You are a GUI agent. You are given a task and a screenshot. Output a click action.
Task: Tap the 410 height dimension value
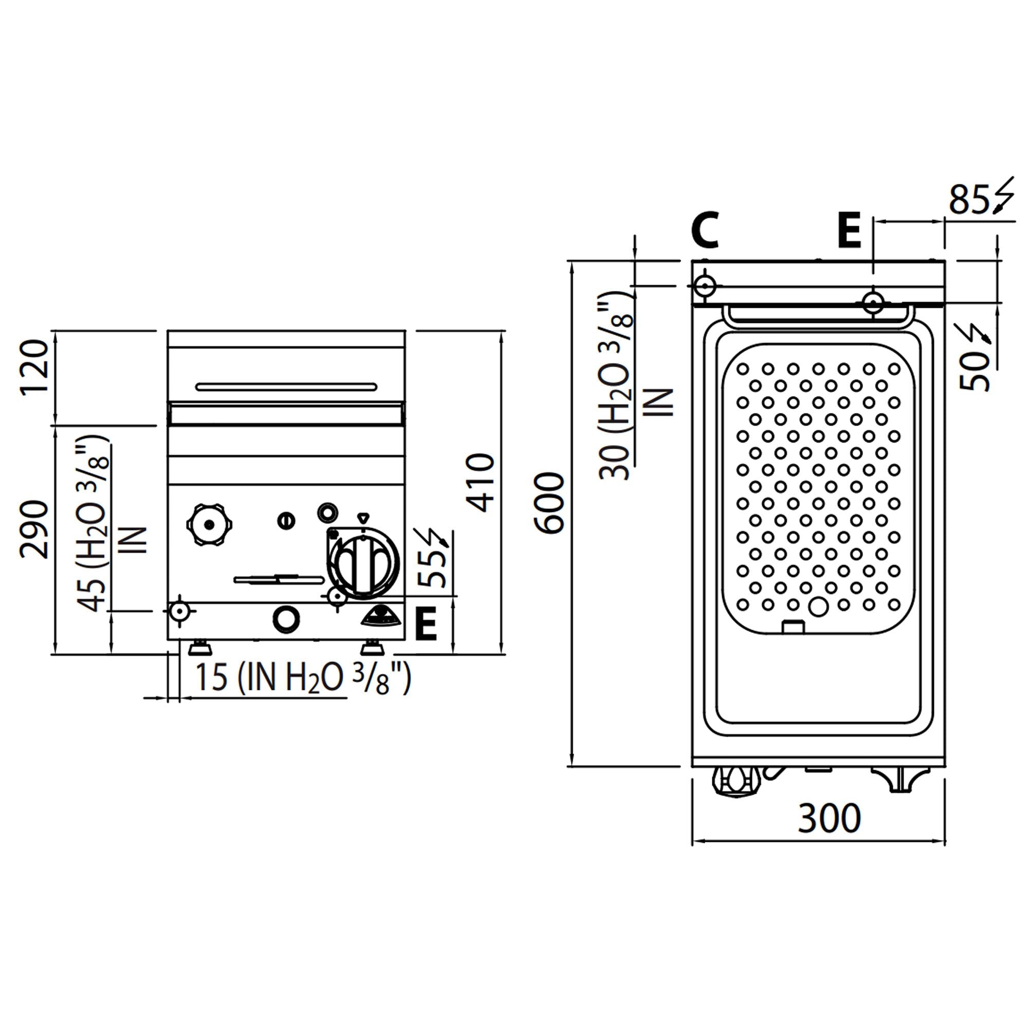point(481,483)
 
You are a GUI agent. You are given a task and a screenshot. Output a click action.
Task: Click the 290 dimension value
point(34,529)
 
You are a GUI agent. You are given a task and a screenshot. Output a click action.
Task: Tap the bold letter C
point(706,230)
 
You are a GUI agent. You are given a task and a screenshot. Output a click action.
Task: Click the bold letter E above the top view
point(849,230)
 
